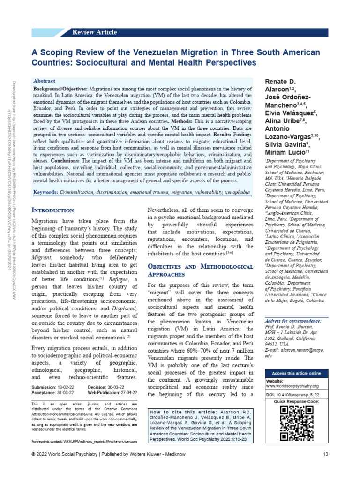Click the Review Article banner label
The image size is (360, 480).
(x=94, y=32)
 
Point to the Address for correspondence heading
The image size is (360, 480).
(x=293, y=320)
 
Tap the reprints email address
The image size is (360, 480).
(x=101, y=442)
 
